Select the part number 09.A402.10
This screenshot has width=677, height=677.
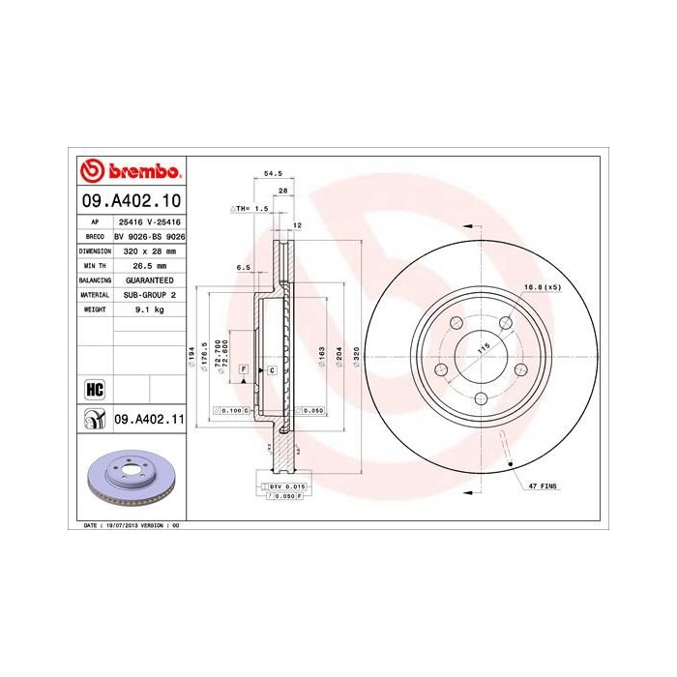coord(130,201)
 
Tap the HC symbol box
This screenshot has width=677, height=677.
coord(94,389)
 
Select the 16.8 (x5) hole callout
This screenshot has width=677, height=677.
coord(543,287)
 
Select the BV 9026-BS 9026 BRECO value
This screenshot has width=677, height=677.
coord(149,236)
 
